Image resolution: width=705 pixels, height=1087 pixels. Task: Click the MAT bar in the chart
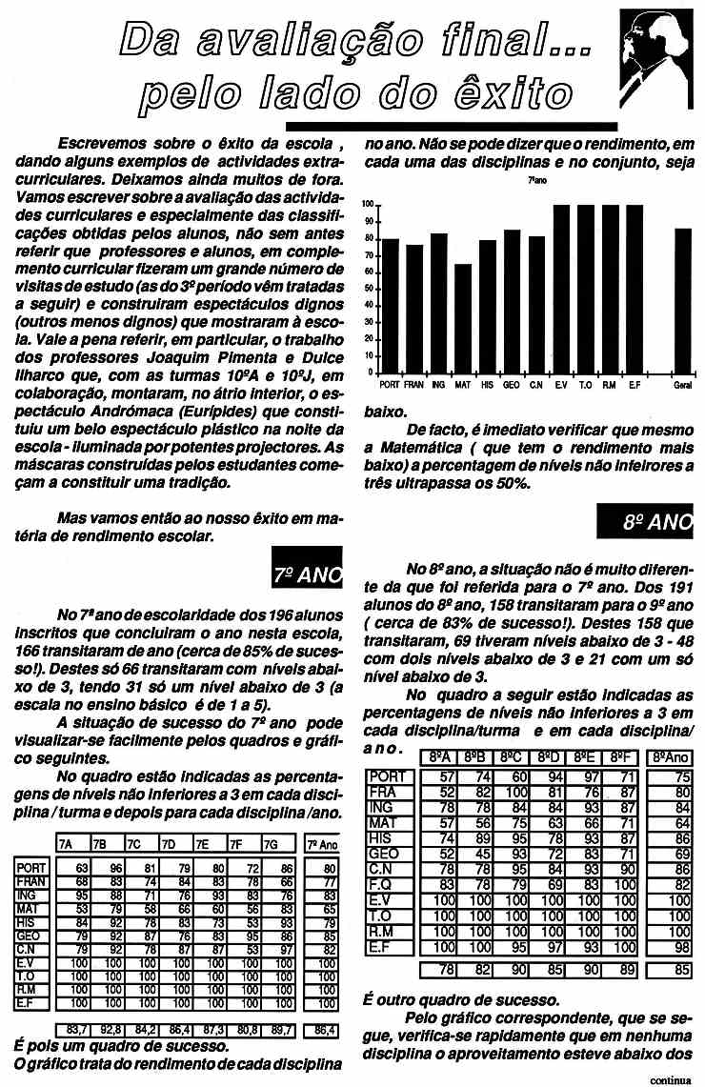pos(463,318)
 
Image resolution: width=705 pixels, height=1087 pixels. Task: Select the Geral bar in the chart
pos(683,300)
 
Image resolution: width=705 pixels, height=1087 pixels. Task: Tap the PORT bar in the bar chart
pos(390,305)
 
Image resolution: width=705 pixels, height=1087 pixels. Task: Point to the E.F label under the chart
pos(634,384)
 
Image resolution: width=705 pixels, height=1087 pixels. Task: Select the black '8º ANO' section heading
pos(645,522)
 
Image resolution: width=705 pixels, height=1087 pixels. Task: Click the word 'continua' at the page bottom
pos(672,1079)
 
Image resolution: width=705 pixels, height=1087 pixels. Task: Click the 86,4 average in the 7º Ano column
pos(324,1029)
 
